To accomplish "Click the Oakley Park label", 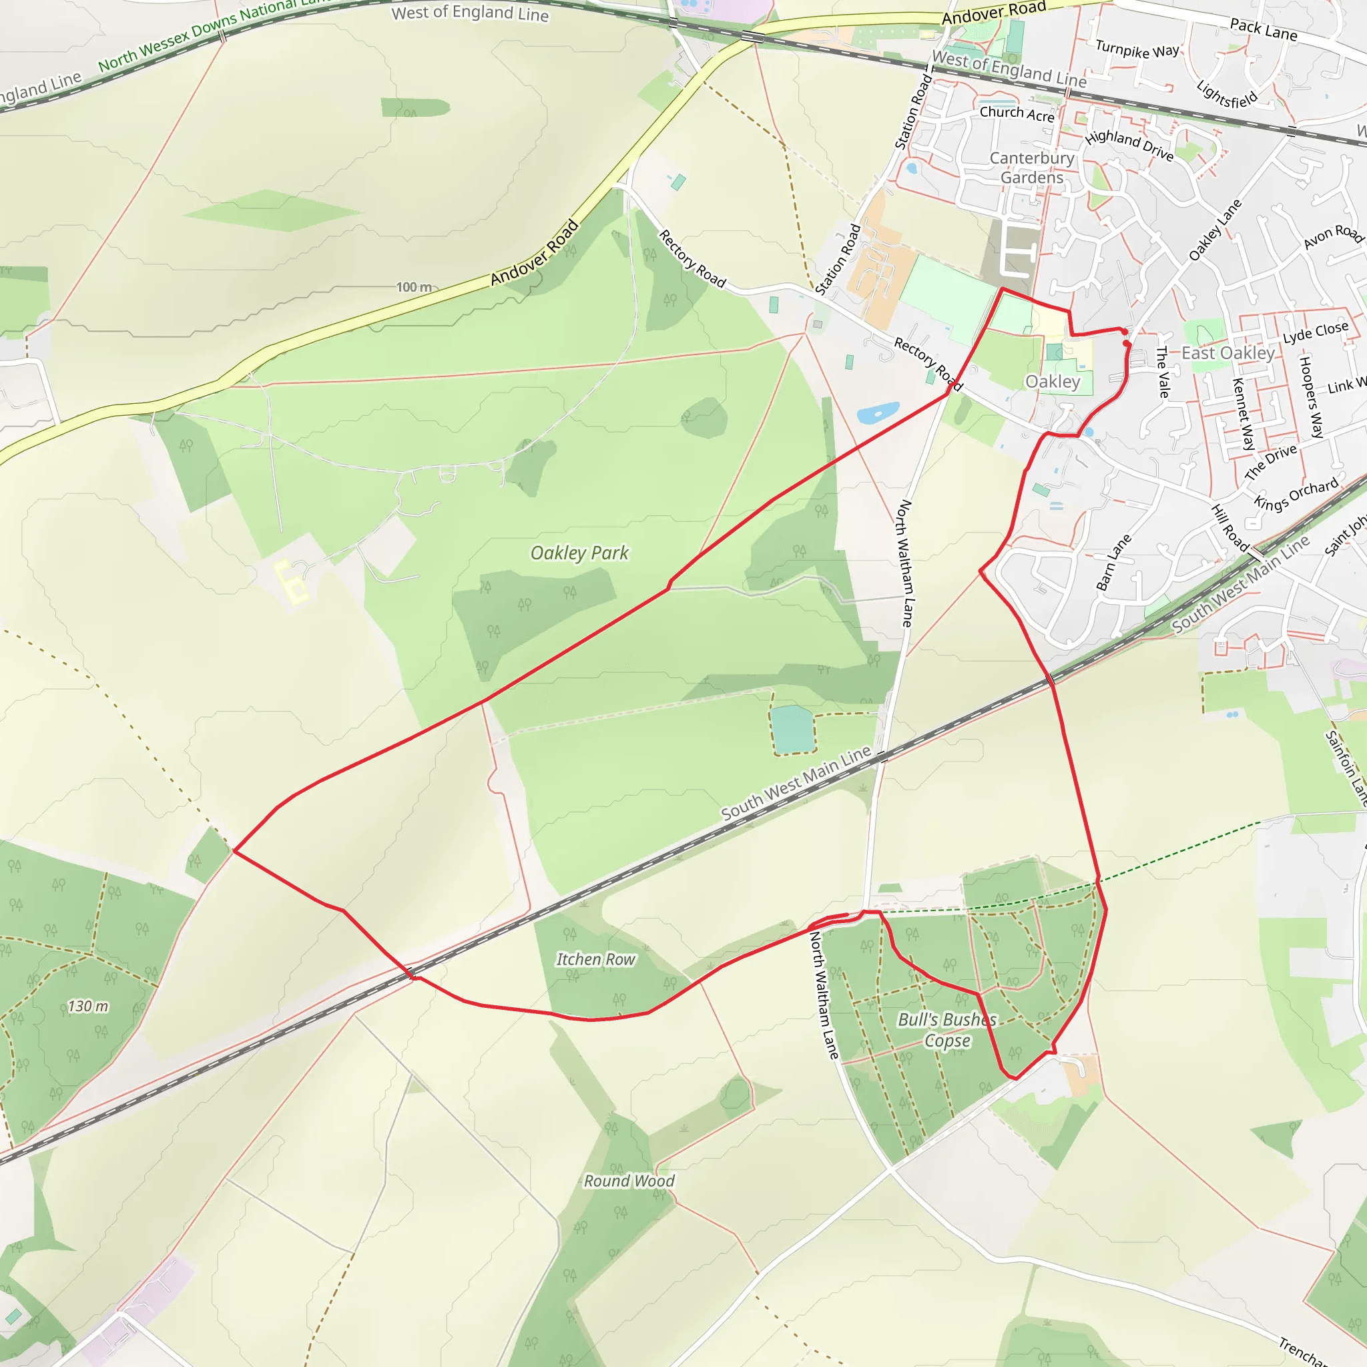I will (x=579, y=553).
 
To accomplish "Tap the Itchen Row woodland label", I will (x=596, y=959).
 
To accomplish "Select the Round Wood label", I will (x=629, y=1181).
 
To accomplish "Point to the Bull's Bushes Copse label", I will (x=946, y=1029).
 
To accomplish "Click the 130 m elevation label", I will (x=89, y=1005).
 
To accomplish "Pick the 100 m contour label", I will (x=414, y=286).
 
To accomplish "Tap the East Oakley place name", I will (x=1227, y=352).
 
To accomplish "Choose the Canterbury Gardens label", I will (x=1032, y=168).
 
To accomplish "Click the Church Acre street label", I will (x=1017, y=113).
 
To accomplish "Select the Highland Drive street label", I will (x=1129, y=144).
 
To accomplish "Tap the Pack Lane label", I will (x=1263, y=30).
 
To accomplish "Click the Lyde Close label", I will (x=1316, y=331).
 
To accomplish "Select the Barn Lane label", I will (x=1114, y=563).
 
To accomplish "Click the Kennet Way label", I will (x=1243, y=414).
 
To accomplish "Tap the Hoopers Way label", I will (x=1310, y=397).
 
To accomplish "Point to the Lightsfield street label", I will (x=1227, y=95).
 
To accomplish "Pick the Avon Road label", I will (x=1333, y=236).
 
